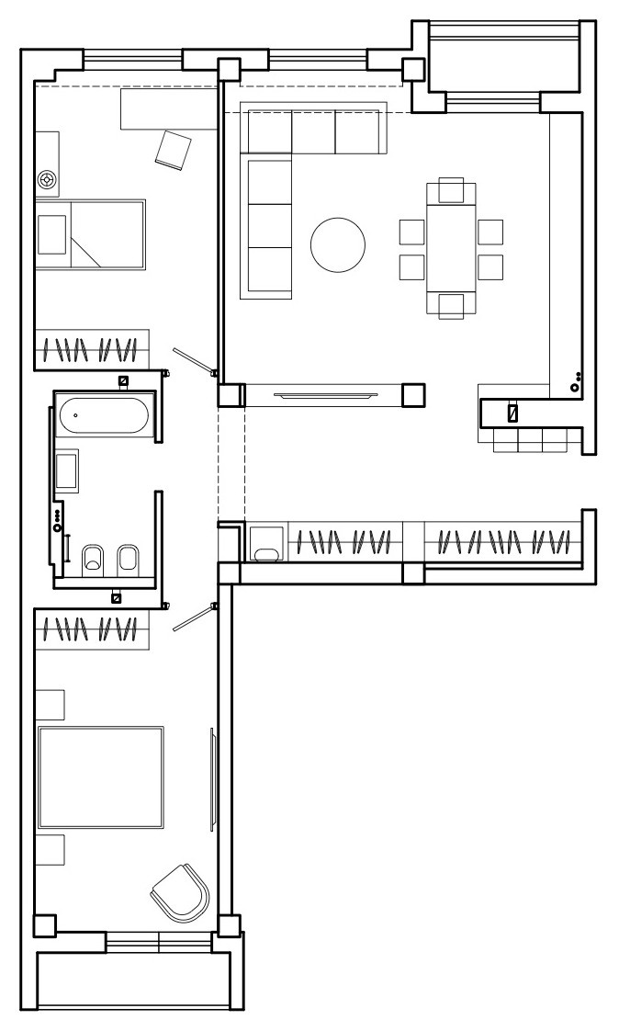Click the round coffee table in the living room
pyautogui.click(x=337, y=244)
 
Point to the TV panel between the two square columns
pyautogui.click(x=324, y=395)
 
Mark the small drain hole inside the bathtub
pyautogui.click(x=75, y=415)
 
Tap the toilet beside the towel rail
pyautogui.click(x=93, y=559)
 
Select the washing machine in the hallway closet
pyautogui.click(x=267, y=542)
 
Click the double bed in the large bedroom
pyautogui.click(x=100, y=776)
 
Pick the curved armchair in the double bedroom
pyautogui.click(x=181, y=891)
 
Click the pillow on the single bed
pyautogui.click(x=51, y=234)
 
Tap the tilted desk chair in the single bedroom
pyautogui.click(x=174, y=149)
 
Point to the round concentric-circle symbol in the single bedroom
pyautogui.click(x=46, y=178)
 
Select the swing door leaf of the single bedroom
pyautogui.click(x=193, y=360)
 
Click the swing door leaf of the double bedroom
pyautogui.click(x=193, y=617)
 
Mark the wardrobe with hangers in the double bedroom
pyautogui.click(x=91, y=630)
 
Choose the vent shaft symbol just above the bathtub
pyautogui.click(x=123, y=380)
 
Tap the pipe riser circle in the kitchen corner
pyautogui.click(x=574, y=388)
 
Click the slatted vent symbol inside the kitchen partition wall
pyautogui.click(x=513, y=414)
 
